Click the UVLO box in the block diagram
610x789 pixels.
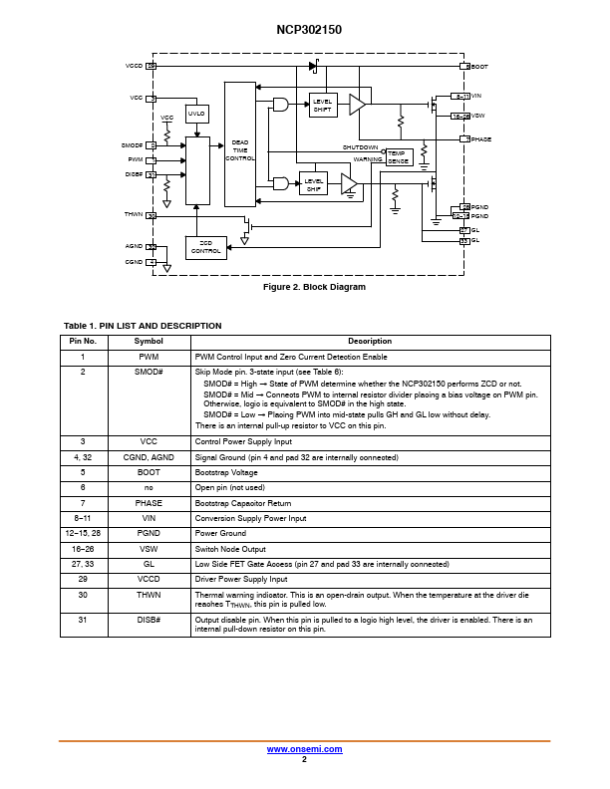pyautogui.click(x=196, y=115)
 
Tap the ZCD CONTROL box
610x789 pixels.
pyautogui.click(x=205, y=247)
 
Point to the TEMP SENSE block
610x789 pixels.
pyautogui.click(x=397, y=156)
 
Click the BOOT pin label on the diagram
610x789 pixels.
pyautogui.click(x=479, y=66)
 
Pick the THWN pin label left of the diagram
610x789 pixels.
pyautogui.click(x=133, y=215)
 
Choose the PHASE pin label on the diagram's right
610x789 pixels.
pyautogui.click(x=481, y=139)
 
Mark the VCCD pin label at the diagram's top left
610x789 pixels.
pyautogui.click(x=134, y=66)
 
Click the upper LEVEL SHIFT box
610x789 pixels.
pyautogui.click(x=322, y=105)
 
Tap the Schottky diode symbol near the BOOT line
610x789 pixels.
pyautogui.click(x=315, y=66)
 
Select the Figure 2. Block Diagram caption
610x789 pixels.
pyautogui.click(x=314, y=287)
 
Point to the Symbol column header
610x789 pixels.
pyautogui.click(x=149, y=341)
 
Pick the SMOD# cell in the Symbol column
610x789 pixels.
pyautogui.click(x=149, y=371)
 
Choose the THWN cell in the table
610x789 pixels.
pyautogui.click(x=149, y=594)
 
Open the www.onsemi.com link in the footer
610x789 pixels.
pyautogui.click(x=305, y=749)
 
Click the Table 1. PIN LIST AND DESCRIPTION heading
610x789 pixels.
pyautogui.click(x=143, y=326)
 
